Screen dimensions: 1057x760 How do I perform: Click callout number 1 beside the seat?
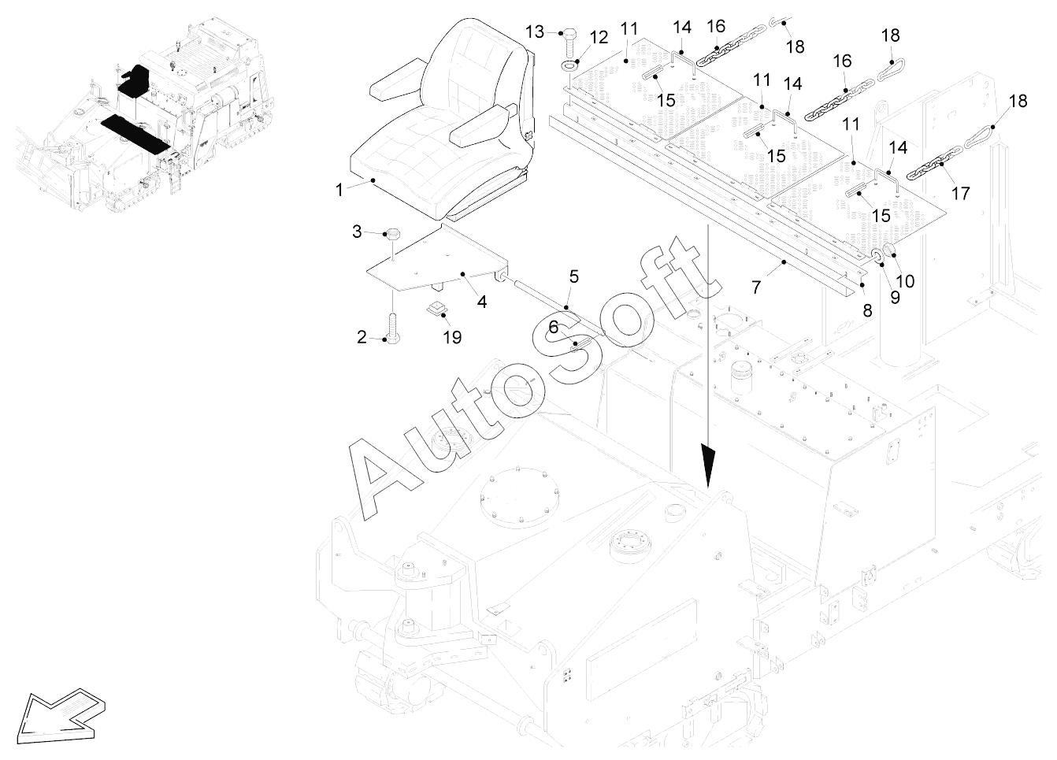pyautogui.click(x=339, y=190)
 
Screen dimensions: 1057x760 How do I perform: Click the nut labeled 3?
pyautogui.click(x=392, y=234)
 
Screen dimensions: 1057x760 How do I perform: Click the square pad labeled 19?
pyautogui.click(x=436, y=309)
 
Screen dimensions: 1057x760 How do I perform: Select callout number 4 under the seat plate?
pyautogui.click(x=482, y=302)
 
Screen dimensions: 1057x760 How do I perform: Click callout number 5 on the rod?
pyautogui.click(x=574, y=276)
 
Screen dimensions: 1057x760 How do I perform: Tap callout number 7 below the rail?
pyautogui.click(x=756, y=287)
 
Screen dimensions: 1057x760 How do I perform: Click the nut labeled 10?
pyautogui.click(x=889, y=251)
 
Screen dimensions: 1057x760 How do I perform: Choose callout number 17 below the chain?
pyautogui.click(x=960, y=194)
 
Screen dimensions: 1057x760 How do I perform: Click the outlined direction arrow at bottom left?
pyautogui.click(x=61, y=718)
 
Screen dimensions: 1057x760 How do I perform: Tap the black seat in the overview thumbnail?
pyautogui.click(x=135, y=80)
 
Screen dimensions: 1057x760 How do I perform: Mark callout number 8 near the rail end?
pyautogui.click(x=867, y=310)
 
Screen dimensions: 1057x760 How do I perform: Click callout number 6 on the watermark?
pyautogui.click(x=554, y=327)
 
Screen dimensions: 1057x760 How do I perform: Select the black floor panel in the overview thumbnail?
pyautogui.click(x=135, y=134)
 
